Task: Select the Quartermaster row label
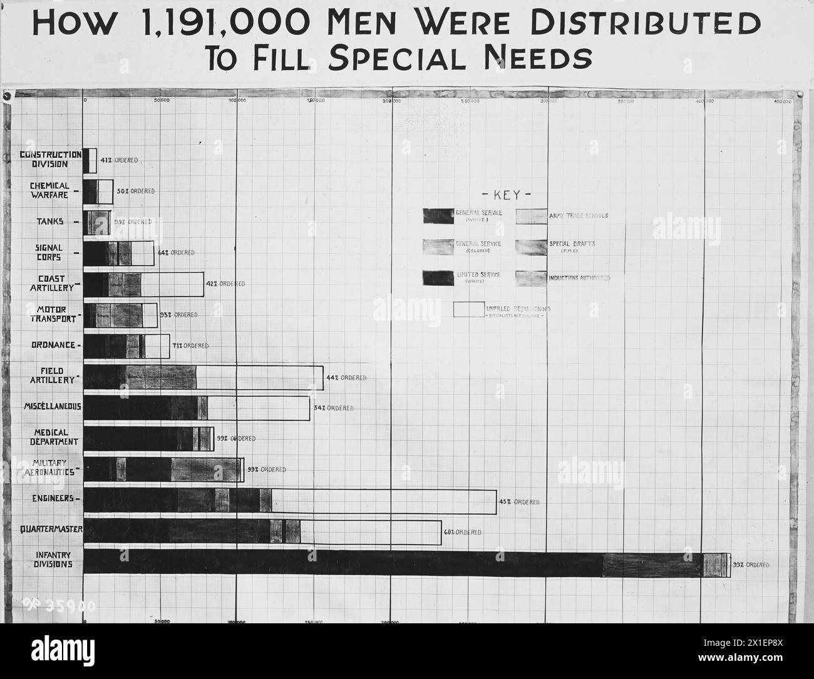52,531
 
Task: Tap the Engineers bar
289,501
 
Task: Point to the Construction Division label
50,160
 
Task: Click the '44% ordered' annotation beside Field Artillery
346,378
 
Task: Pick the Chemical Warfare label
49,191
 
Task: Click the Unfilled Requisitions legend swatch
468,310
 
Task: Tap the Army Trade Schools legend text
579,216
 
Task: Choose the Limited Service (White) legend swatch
438,278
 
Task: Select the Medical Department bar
148,439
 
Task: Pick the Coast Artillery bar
143,284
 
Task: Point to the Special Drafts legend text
572,245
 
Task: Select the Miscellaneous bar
196,407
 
